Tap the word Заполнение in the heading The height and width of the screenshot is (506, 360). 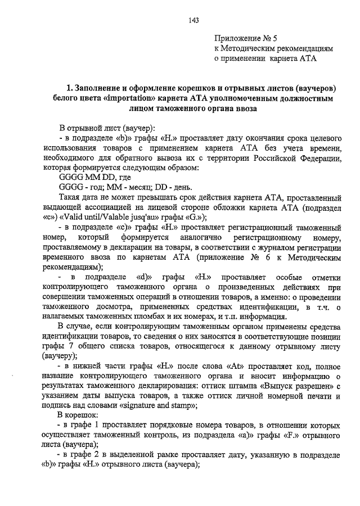point(101,89)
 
